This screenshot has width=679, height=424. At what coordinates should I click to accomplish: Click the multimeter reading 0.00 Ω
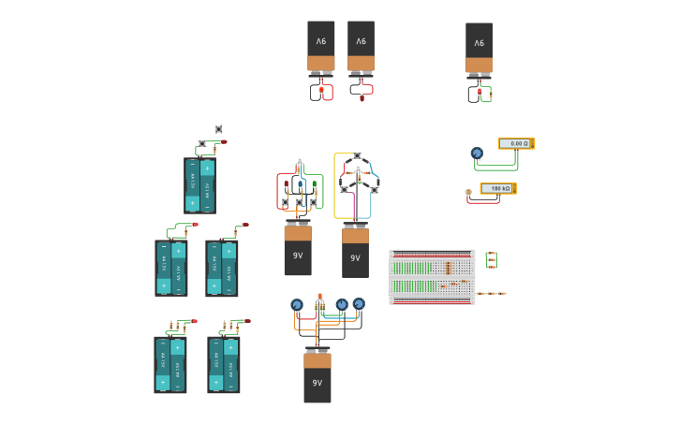click(515, 143)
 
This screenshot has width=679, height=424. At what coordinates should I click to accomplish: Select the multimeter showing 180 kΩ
click(497, 188)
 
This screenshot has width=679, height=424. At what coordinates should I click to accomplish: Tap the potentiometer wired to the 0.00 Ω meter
click(477, 153)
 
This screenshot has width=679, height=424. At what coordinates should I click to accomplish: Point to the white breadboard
click(432, 276)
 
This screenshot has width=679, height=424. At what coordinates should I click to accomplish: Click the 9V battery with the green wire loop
click(479, 48)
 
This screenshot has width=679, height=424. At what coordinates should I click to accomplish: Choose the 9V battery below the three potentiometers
click(317, 376)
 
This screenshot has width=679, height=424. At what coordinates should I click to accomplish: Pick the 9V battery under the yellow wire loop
click(355, 253)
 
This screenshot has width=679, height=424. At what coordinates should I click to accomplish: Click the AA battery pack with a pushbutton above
click(199, 185)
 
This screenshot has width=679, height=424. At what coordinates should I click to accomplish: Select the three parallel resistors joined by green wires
click(491, 259)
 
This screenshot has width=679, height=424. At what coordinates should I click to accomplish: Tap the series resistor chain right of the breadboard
click(491, 293)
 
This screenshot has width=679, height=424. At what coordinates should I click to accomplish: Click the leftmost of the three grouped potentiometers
click(297, 304)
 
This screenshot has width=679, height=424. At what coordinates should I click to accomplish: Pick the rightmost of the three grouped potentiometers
click(359, 302)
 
